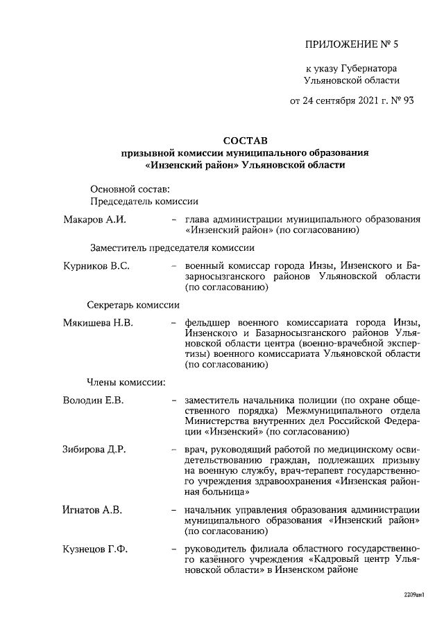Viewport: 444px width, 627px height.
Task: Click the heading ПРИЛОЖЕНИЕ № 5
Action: tap(352, 46)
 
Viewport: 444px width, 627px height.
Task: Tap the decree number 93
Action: tap(407, 100)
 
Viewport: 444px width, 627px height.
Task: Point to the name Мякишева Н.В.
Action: tap(98, 323)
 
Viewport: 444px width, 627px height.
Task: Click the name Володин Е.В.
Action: tap(94, 400)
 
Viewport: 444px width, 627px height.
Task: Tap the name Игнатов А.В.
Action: tap(92, 510)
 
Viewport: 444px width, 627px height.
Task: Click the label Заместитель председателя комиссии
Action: tap(171, 247)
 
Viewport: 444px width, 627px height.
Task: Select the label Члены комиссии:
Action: tap(126, 381)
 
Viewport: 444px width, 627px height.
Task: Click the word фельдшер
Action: tap(210, 323)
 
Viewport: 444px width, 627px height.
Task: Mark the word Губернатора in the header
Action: tap(369, 68)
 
